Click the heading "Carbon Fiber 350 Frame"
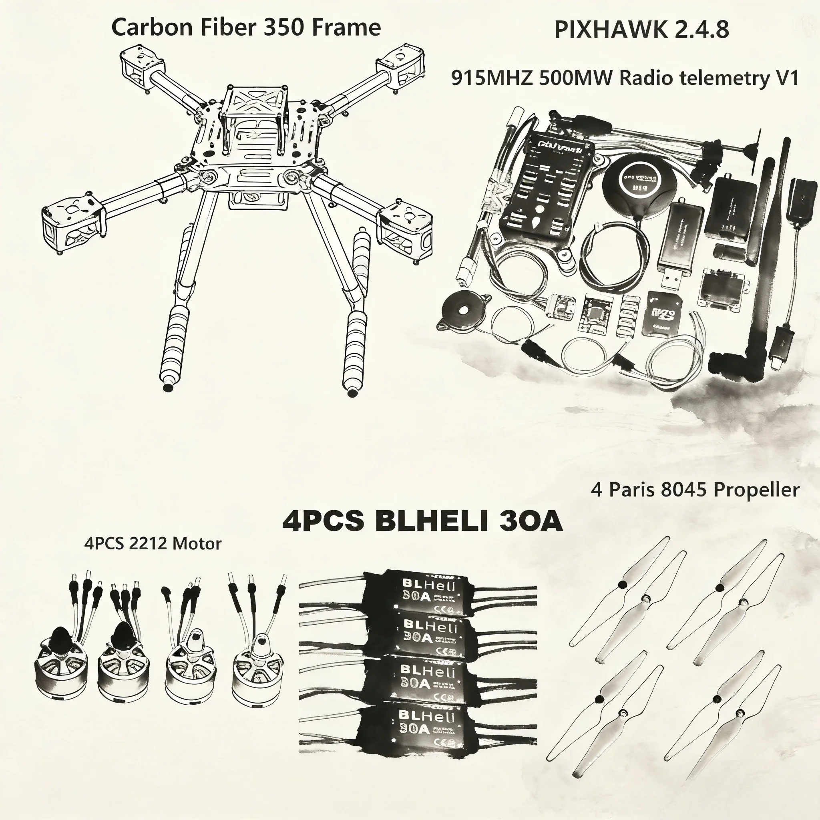click(x=246, y=28)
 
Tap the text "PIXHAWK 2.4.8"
click(x=641, y=30)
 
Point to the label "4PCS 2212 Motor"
click(x=153, y=544)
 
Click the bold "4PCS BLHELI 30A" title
click(x=422, y=521)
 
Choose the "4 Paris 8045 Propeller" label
click(x=695, y=490)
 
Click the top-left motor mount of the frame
click(x=142, y=64)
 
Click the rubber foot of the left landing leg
click(x=168, y=388)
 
